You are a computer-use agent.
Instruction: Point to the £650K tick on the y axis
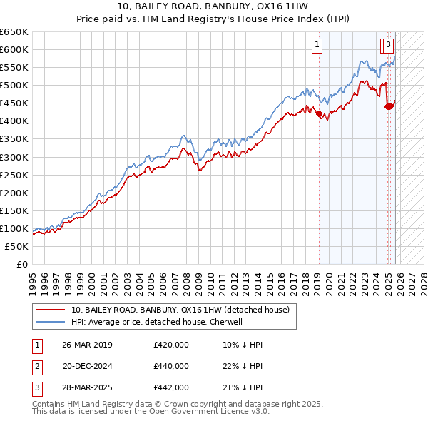coord(14,32)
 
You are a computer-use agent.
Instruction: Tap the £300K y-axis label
coord(14,157)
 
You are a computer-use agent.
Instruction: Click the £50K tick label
coord(17,246)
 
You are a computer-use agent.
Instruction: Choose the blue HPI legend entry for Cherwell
coord(157,322)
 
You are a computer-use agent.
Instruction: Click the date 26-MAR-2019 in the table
coord(87,345)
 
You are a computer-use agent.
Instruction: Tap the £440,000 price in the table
coord(171,366)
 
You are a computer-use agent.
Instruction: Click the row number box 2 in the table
coord(37,366)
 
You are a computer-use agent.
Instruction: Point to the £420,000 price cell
coord(171,345)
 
